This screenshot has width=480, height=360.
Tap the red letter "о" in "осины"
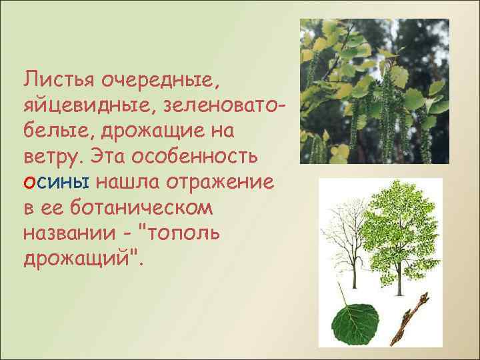pos(29,182)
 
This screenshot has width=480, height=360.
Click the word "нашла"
pos(129,182)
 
